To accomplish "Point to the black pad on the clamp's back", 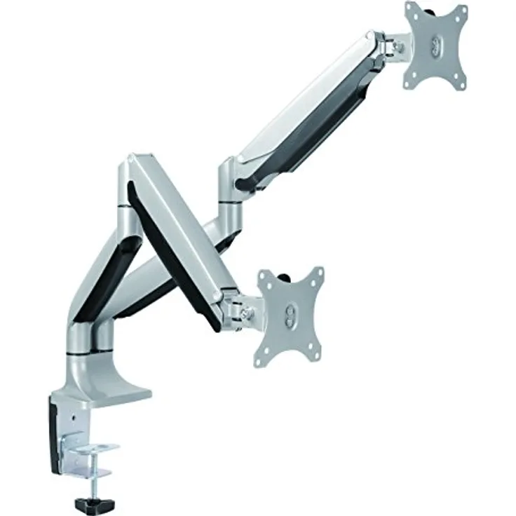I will pos(55,435).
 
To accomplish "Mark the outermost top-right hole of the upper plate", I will pos(461,10).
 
